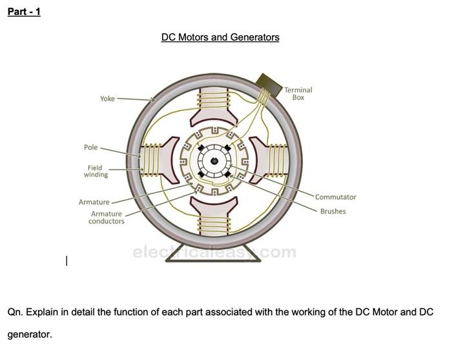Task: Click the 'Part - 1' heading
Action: point(24,12)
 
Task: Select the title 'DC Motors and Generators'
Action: point(220,37)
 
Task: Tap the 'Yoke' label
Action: point(107,99)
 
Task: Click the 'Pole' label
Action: point(90,147)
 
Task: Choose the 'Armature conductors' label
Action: point(107,217)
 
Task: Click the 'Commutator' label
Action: point(336,197)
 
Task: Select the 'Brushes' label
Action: point(333,211)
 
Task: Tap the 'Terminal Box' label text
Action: point(298,94)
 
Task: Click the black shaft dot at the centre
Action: point(213,159)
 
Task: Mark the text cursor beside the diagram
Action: point(66,261)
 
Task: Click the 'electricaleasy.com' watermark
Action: point(214,252)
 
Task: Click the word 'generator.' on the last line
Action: point(29,335)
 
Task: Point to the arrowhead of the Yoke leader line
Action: point(153,101)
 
